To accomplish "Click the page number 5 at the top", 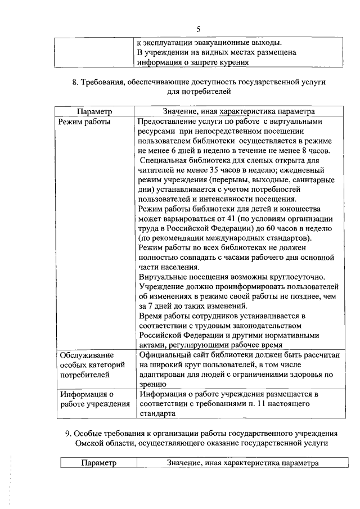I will [x=198, y=29].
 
